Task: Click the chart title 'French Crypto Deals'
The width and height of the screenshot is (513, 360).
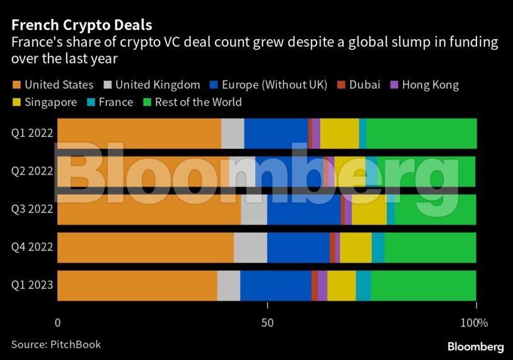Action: (81, 25)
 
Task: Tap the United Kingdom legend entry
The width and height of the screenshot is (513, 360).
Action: (152, 84)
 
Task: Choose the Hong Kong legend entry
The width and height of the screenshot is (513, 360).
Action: (425, 84)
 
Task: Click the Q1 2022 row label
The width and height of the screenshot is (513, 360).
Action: (32, 134)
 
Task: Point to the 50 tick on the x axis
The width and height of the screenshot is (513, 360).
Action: (267, 323)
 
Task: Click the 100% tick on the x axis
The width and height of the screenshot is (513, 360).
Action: (474, 323)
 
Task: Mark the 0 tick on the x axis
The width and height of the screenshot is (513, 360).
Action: (58, 323)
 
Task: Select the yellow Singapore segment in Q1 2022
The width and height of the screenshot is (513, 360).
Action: (339, 134)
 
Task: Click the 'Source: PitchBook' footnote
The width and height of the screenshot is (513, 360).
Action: (56, 345)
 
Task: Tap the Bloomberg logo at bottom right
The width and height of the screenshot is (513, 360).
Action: (475, 347)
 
